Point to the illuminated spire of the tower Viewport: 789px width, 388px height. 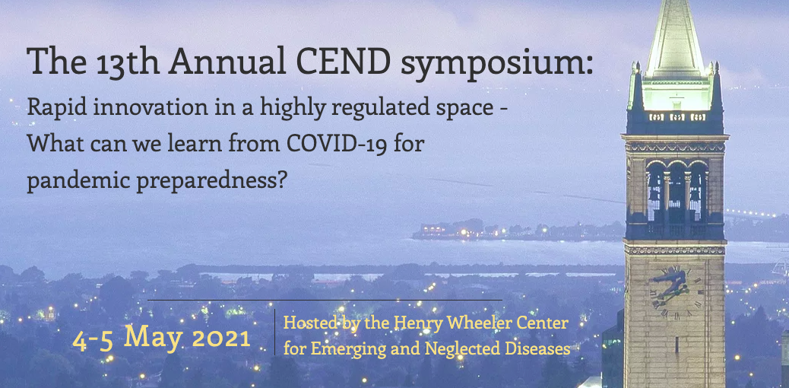pyautogui.click(x=675, y=40)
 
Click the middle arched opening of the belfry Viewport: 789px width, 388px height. pyautogui.click(x=677, y=194)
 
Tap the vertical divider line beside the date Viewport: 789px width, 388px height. pyautogui.click(x=274, y=332)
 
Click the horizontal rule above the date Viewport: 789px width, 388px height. pyautogui.click(x=325, y=300)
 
